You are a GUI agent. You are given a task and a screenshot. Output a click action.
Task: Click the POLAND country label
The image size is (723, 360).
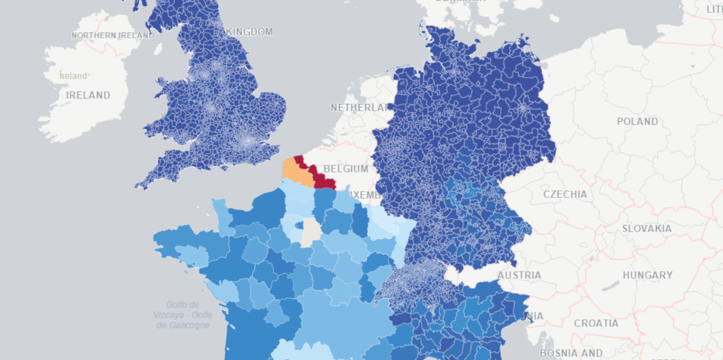tap(637, 121)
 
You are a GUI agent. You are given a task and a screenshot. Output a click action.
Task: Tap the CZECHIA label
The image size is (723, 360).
tap(565, 194)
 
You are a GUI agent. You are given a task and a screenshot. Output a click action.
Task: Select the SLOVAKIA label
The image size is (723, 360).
tap(646, 229)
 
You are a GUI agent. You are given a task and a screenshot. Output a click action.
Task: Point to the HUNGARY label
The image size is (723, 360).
tap(648, 275)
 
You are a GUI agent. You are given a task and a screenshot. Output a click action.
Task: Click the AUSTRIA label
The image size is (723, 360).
tap(519, 275)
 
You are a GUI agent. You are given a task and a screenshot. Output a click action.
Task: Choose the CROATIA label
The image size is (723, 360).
tap(596, 323)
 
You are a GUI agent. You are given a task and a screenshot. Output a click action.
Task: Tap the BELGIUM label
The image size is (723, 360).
tap(346, 169)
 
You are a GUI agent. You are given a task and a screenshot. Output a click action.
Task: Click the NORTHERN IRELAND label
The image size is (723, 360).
tap(113, 35)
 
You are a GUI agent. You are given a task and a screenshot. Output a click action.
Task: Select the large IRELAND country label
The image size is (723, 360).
tap(88, 95)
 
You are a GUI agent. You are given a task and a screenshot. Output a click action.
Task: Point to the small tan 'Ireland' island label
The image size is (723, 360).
tap(74, 76)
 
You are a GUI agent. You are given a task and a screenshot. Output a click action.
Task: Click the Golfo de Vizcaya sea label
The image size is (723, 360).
tap(183, 315)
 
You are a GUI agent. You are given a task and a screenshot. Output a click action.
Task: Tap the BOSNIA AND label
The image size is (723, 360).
tap(571, 352)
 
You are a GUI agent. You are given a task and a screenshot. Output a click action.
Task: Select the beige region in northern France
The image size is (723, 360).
tap(311, 231)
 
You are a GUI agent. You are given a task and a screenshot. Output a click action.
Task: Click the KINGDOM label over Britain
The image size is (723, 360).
tap(250, 32)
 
